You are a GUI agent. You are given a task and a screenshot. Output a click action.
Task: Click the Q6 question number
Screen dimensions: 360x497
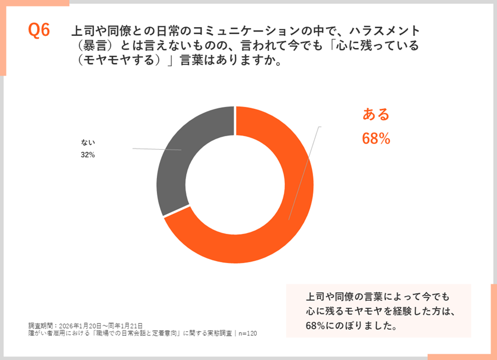[x=39, y=31]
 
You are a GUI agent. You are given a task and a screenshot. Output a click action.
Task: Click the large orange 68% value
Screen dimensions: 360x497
[x=376, y=139]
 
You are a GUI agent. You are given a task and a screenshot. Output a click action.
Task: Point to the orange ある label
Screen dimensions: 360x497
[x=376, y=114]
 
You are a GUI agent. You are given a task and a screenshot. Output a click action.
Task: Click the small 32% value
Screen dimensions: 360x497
[x=88, y=155]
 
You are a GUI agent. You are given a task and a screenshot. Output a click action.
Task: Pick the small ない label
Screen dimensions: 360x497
[x=88, y=143]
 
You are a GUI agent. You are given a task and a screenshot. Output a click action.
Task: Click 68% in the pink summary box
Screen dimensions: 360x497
[x=316, y=326]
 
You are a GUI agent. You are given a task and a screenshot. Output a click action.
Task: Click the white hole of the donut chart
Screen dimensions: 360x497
[x=235, y=184]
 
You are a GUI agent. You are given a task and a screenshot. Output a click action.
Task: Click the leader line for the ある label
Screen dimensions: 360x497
[x=304, y=171]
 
